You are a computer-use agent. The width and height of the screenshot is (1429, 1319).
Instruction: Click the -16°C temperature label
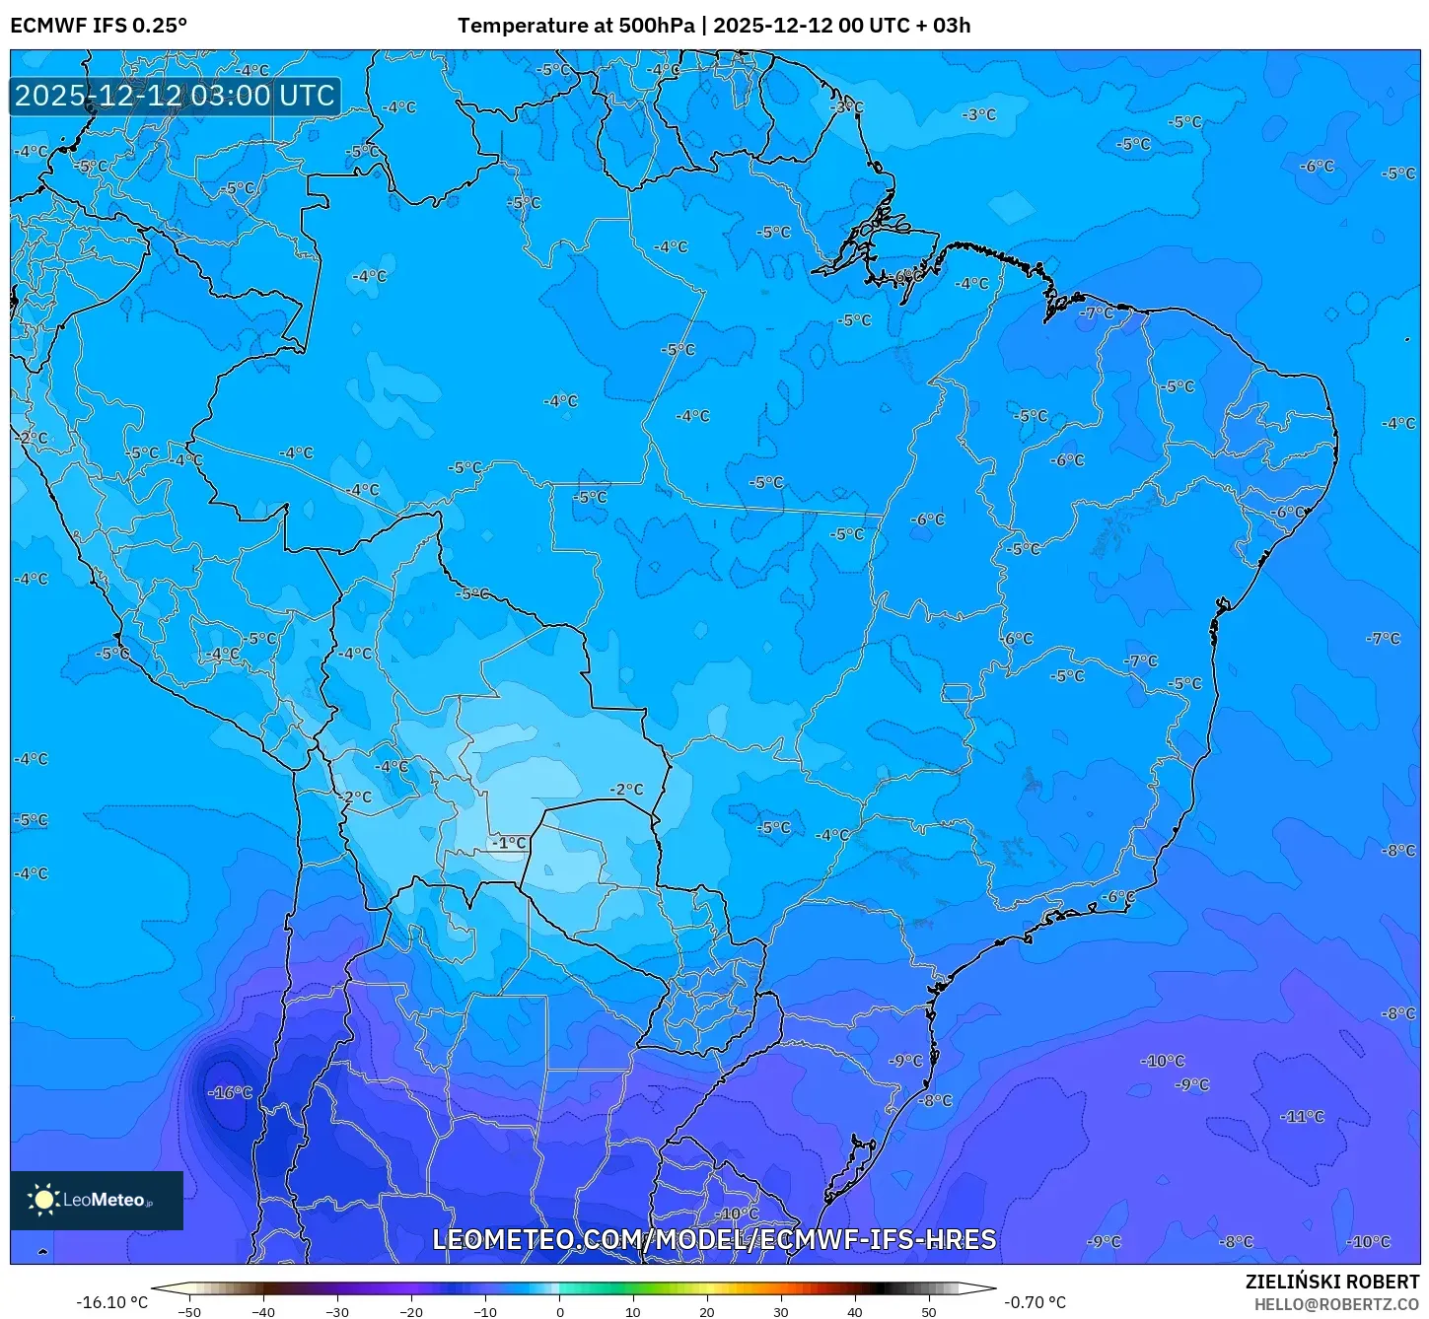click(230, 1092)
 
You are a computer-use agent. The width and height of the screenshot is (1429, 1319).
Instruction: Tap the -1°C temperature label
click(510, 843)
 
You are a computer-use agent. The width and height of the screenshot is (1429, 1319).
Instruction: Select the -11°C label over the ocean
click(1302, 1117)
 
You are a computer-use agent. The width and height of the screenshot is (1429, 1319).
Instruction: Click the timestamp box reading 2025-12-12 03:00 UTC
click(176, 96)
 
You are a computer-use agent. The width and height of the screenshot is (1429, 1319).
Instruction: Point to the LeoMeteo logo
click(97, 1200)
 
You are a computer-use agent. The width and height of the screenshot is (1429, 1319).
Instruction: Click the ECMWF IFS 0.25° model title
click(99, 26)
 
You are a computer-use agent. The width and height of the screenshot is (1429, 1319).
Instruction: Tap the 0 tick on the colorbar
click(559, 1311)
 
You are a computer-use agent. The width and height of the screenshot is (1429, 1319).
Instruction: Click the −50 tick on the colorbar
click(189, 1311)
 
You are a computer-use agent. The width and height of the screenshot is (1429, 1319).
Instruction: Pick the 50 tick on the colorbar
click(929, 1311)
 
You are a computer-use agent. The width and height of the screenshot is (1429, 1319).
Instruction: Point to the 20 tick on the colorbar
click(707, 1311)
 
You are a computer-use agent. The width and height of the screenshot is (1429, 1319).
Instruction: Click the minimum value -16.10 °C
click(111, 1302)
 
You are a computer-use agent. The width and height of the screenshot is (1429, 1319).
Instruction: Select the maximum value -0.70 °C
click(1035, 1302)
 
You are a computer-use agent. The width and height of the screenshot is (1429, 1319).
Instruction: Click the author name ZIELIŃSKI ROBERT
click(1331, 1282)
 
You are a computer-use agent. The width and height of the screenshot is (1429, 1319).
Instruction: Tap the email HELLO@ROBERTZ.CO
click(1336, 1304)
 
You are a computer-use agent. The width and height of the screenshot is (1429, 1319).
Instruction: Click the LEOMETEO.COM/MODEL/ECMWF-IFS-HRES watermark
click(714, 1239)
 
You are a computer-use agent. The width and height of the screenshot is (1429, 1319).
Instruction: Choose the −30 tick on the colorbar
click(337, 1311)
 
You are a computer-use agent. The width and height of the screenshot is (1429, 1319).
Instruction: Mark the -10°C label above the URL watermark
click(736, 1214)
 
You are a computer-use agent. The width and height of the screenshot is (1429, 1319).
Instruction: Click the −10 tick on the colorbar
click(485, 1311)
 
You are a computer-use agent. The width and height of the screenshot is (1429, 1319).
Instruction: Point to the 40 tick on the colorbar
click(855, 1311)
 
